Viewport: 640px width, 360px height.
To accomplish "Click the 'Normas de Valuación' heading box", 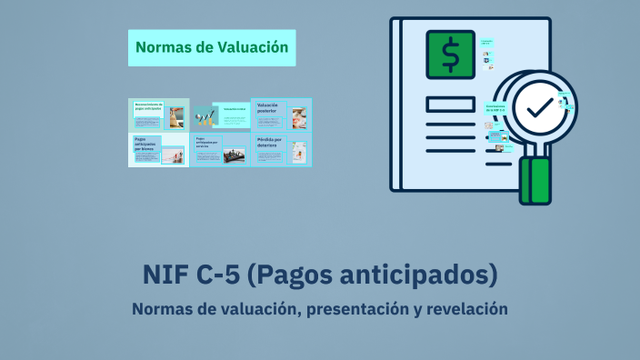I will click(212, 46).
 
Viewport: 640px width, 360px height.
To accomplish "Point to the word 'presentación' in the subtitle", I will click(358, 309).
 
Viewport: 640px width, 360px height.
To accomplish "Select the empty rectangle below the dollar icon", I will click(449, 104).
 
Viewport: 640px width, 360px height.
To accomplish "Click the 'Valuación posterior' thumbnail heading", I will click(268, 107).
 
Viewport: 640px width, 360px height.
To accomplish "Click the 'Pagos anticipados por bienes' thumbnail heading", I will click(145, 144).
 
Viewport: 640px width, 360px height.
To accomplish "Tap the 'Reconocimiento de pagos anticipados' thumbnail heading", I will click(147, 107).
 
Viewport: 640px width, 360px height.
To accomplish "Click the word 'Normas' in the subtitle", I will click(162, 309).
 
